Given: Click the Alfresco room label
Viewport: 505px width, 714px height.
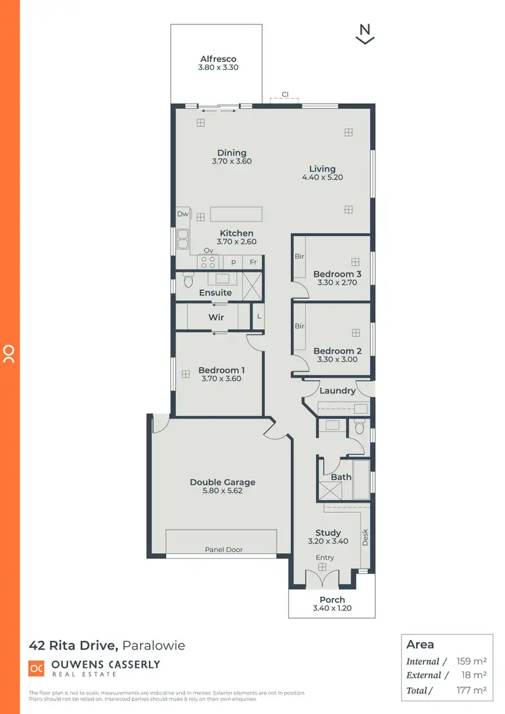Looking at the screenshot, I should [x=218, y=59].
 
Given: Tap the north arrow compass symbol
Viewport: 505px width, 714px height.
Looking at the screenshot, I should [x=365, y=34].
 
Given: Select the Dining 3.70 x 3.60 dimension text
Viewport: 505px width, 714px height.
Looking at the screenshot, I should [x=232, y=162].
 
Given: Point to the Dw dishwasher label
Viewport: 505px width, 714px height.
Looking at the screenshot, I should [x=182, y=214].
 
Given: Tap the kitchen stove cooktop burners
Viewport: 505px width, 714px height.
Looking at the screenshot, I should [x=208, y=262].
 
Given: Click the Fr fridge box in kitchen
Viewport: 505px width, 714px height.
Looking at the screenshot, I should [x=253, y=262].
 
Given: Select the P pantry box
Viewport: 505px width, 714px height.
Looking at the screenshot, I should [x=234, y=262].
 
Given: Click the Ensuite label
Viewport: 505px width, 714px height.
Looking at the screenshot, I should [x=215, y=293].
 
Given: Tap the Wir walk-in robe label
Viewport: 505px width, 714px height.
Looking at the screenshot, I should [x=216, y=317].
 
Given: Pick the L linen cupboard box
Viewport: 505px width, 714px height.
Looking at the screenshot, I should [x=259, y=317].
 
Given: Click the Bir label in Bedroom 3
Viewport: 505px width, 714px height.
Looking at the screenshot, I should [x=300, y=256].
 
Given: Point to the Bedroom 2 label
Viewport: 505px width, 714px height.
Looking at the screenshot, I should [x=337, y=351].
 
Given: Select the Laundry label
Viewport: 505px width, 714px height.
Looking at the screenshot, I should [x=337, y=391].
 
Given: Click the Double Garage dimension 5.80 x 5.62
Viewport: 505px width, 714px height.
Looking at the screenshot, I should [x=222, y=491].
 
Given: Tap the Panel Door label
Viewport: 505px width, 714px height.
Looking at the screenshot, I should [x=224, y=550].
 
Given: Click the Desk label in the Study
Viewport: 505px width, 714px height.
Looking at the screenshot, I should [x=366, y=536].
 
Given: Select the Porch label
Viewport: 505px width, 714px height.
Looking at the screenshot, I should [x=332, y=600].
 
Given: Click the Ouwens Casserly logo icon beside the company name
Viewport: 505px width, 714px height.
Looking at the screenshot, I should [x=36, y=668].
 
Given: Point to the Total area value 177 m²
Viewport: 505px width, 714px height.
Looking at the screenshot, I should [x=470, y=690].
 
